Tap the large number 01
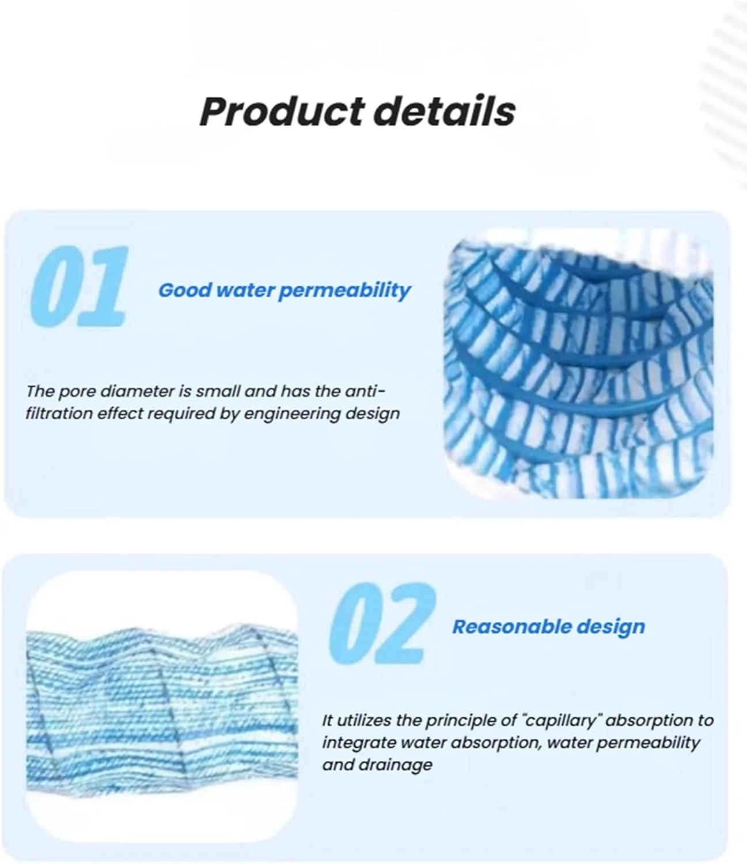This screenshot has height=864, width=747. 79,286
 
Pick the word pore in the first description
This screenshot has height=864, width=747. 76,392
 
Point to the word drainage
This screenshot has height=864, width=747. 395,765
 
